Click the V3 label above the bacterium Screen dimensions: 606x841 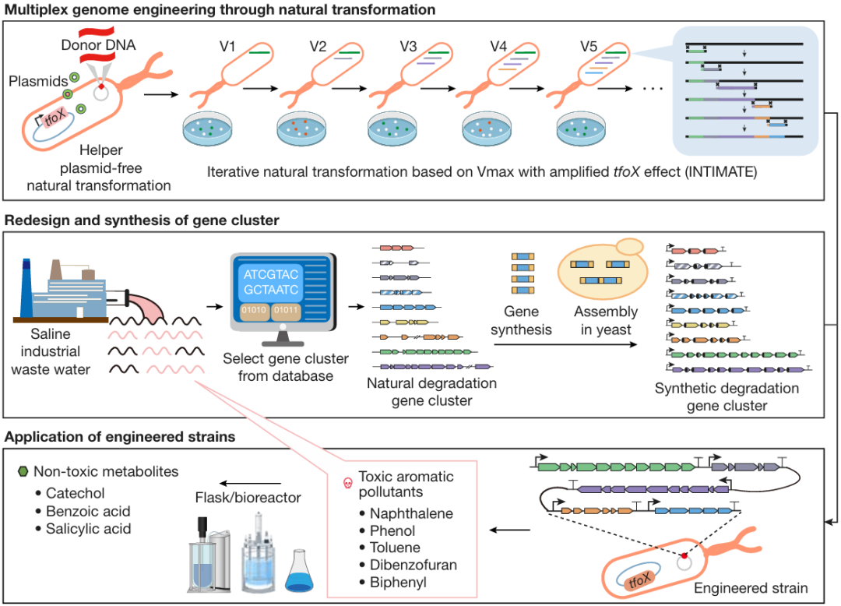tap(407, 46)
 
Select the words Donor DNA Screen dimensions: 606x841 tap(98, 44)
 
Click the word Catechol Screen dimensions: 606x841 tap(76, 493)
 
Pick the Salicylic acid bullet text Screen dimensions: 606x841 tap(88, 529)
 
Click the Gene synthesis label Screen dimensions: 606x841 tap(522, 320)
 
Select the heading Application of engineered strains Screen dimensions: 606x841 tap(120, 437)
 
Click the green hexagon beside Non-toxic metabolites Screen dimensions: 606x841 tap(22, 471)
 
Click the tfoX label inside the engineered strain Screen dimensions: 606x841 tap(638, 580)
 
